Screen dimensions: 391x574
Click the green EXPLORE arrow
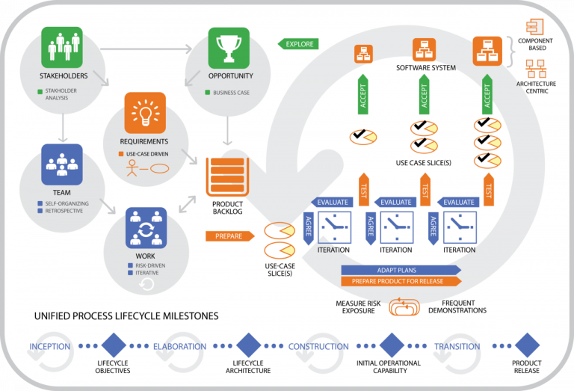[x=298, y=44]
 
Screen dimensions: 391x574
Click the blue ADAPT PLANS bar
[x=400, y=269]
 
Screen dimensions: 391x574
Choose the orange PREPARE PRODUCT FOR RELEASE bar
[x=400, y=281]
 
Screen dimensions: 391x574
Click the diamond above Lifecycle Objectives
[x=113, y=345]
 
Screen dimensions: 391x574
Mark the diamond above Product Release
[x=526, y=345]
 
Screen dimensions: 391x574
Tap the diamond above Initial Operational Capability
[x=392, y=345]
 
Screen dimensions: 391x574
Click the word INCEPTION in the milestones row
[x=50, y=346]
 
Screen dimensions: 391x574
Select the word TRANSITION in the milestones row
[x=457, y=346]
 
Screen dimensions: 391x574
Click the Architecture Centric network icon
[x=536, y=70]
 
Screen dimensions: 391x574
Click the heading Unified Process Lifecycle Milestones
[x=126, y=316]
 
